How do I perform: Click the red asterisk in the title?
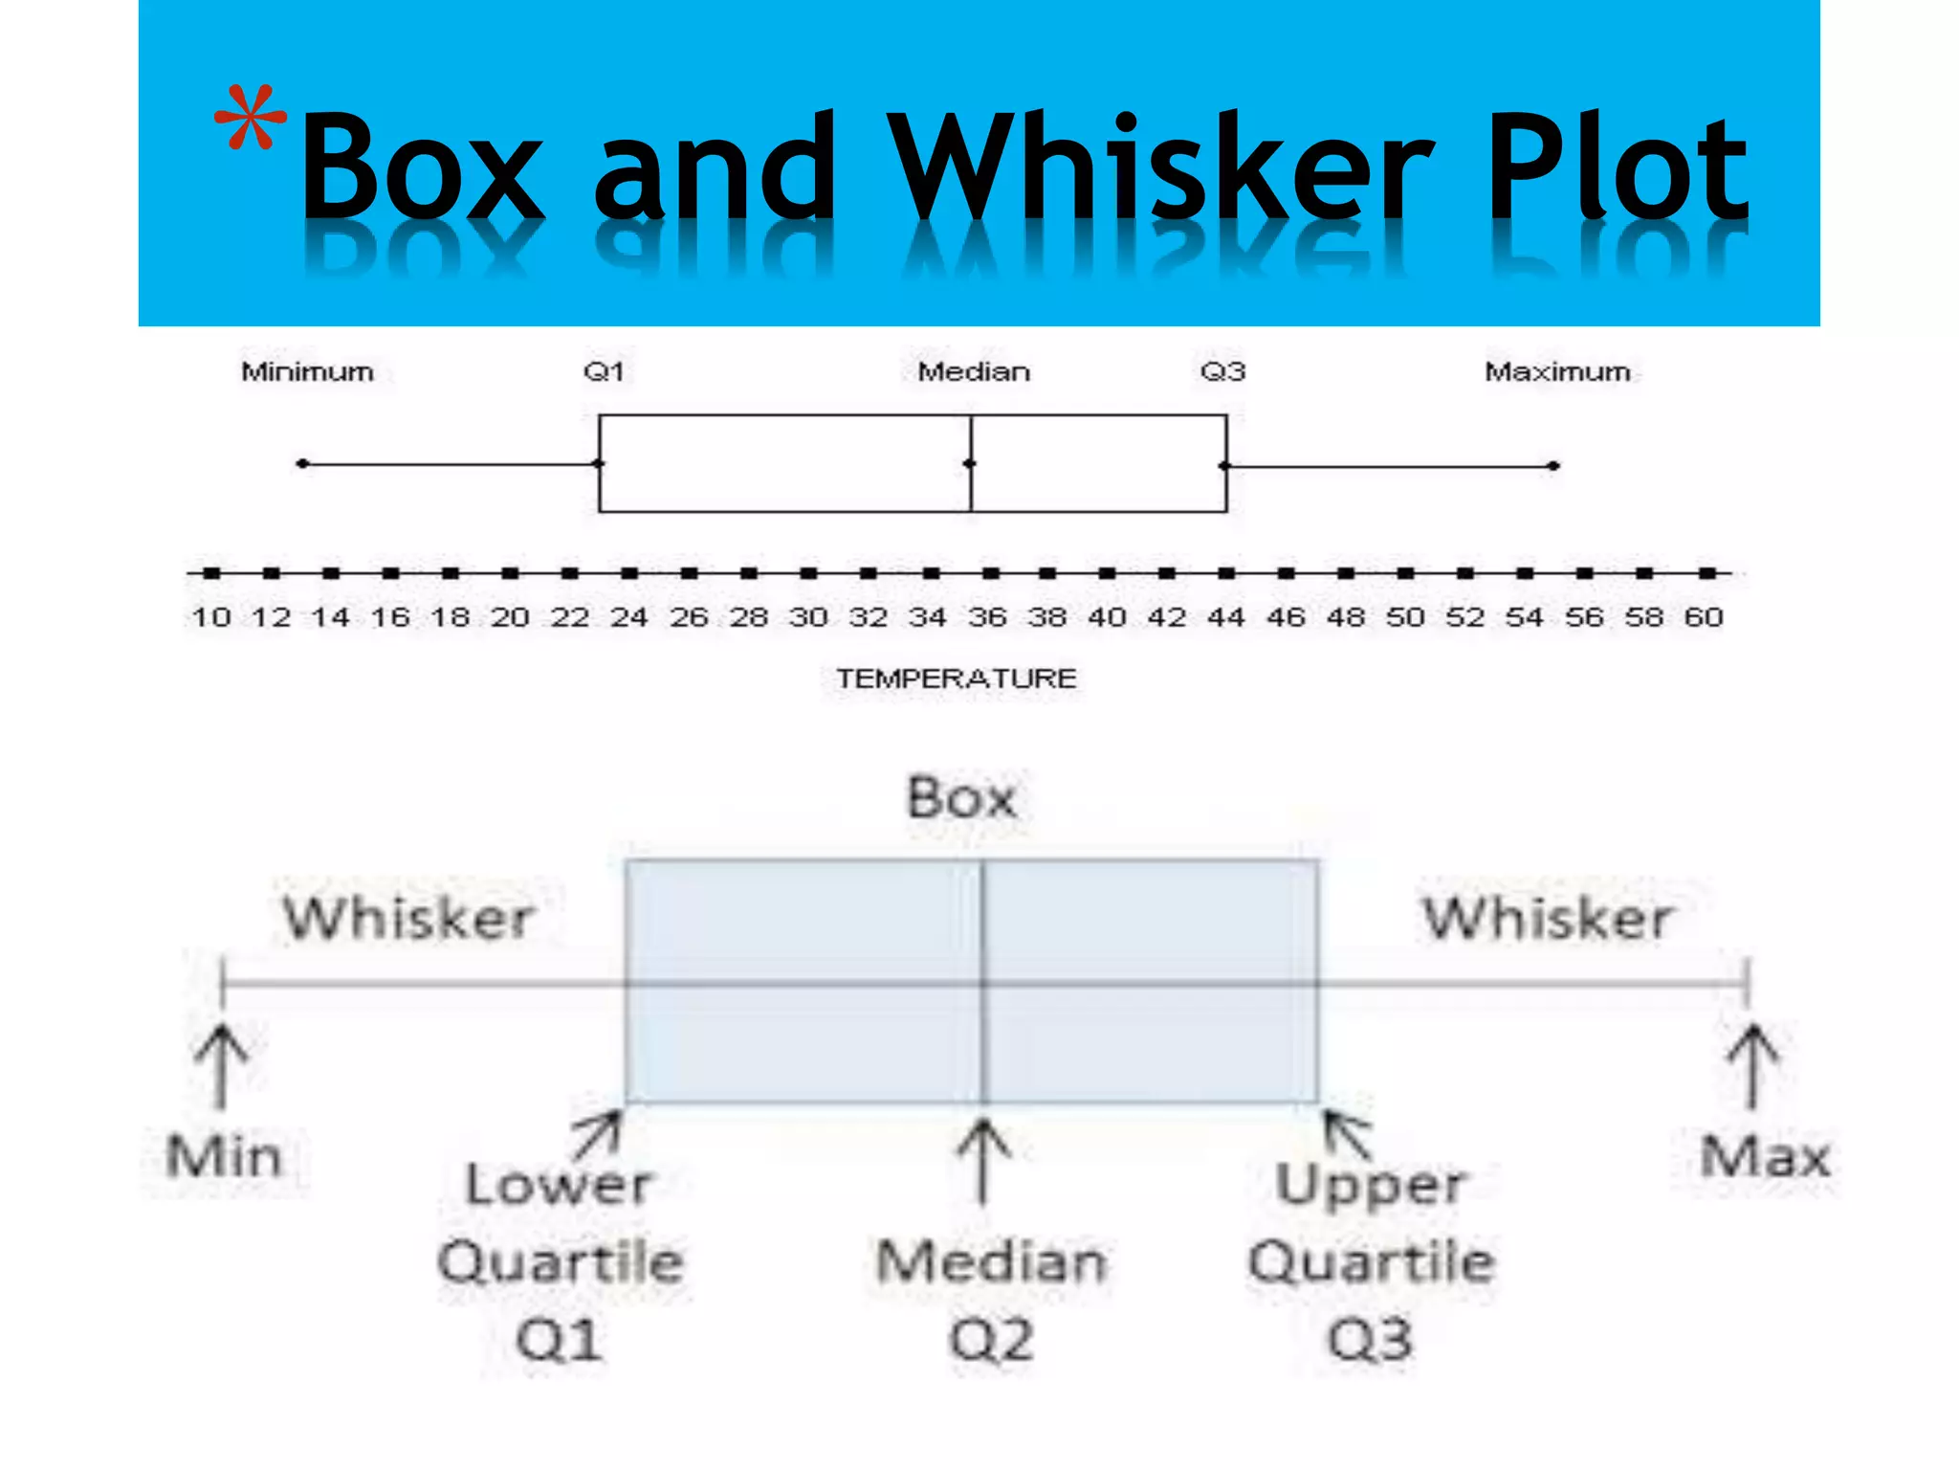250,119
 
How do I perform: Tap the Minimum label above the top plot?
307,371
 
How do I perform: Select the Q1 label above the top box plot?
604,371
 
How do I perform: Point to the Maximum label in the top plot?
1557,371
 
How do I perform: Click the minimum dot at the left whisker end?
302,464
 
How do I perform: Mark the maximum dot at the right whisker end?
1554,466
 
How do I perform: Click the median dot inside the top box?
970,464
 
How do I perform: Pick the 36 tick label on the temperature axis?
987,617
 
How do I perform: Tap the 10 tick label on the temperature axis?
211,617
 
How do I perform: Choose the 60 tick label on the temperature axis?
1704,617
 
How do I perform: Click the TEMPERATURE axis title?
957,679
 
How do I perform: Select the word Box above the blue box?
961,798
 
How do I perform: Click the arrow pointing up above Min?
222,1064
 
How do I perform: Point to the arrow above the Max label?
1752,1064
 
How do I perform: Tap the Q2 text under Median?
991,1339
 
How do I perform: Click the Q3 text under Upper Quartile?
1370,1339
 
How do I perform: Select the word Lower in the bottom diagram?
559,1185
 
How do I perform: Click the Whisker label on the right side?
1547,918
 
